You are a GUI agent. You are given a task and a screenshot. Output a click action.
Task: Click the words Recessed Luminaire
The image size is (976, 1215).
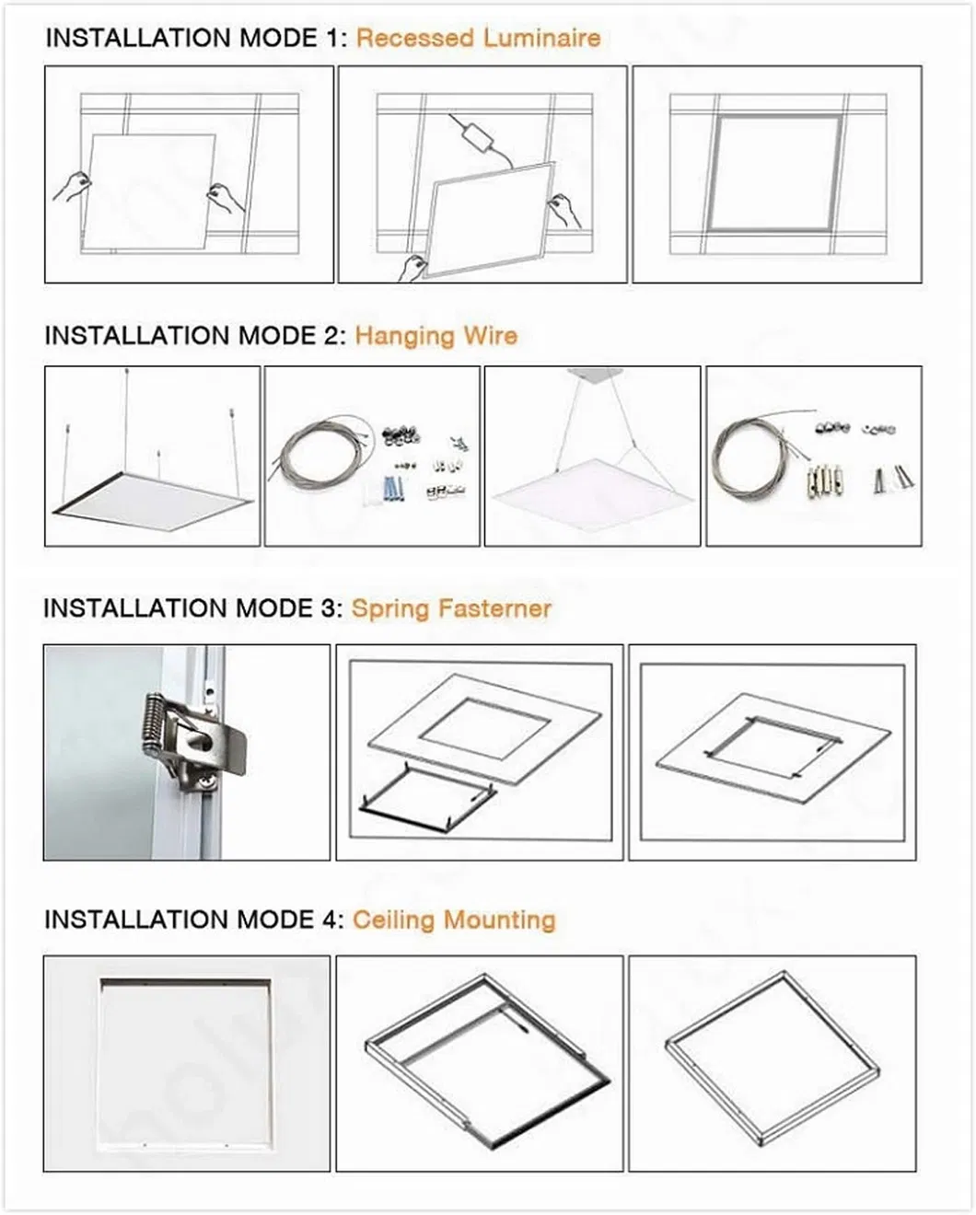point(478,38)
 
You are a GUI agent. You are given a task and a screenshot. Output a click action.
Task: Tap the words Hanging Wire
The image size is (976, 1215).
point(436,335)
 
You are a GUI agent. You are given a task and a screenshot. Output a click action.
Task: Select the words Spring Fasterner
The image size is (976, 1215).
point(451,608)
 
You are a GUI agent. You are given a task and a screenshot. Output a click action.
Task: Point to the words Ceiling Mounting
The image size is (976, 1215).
point(454,920)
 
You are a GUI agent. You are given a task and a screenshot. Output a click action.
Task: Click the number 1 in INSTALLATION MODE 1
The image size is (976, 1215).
point(333,38)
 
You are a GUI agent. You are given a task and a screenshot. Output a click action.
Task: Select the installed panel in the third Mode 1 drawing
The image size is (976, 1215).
point(775,173)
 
